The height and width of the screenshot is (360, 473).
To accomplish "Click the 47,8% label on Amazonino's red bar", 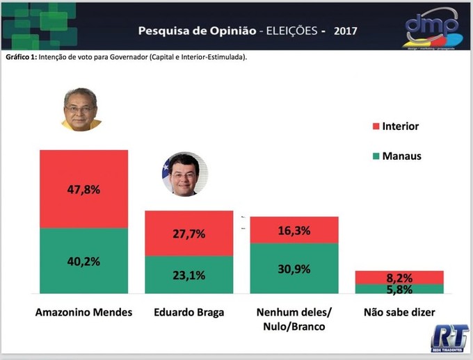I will (x=83, y=190).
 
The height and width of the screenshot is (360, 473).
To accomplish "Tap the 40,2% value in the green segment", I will (x=83, y=261).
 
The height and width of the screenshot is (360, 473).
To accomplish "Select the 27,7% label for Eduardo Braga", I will (x=188, y=234).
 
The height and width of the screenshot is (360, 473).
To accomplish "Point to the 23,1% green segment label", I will (x=188, y=275).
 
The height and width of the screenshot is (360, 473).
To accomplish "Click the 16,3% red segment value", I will (x=294, y=230).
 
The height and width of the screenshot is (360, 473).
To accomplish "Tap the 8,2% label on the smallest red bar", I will (x=399, y=277).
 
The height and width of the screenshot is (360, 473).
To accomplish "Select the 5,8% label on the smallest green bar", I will (x=399, y=288).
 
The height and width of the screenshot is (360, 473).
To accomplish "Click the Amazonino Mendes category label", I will (x=83, y=313).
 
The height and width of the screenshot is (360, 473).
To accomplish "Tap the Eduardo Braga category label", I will (x=189, y=313).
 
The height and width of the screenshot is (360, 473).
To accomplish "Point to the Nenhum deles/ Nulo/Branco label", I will (x=294, y=319).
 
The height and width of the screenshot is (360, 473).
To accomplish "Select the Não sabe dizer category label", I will (x=399, y=313).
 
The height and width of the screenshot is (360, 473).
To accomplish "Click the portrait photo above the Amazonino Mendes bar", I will (x=82, y=109).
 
